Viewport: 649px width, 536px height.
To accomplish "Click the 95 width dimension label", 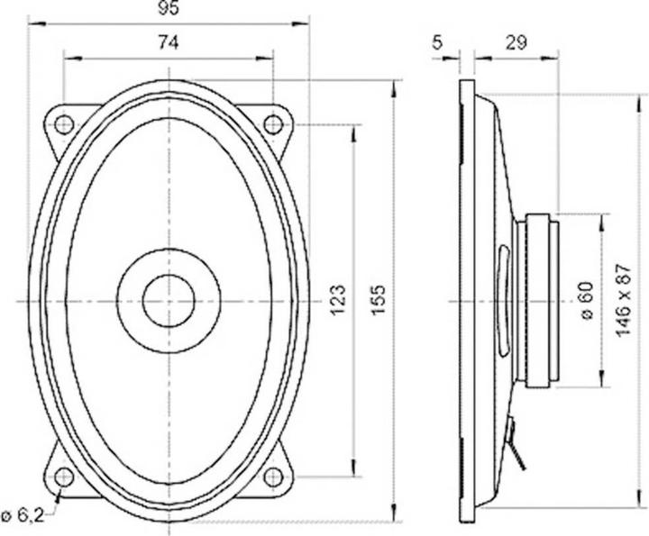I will click(169, 10).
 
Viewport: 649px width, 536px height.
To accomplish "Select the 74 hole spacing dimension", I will click(169, 41).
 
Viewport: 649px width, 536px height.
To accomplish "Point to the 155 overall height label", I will click(379, 297).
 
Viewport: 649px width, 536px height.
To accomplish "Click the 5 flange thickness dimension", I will click(438, 41).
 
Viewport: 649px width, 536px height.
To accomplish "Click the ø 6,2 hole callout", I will click(22, 514).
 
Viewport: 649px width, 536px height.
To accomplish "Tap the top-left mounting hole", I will click(64, 123).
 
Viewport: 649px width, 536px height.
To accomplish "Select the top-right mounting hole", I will click(273, 123).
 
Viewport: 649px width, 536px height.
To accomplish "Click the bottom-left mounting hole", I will click(64, 476).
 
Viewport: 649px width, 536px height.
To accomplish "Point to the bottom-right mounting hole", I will click(273, 476).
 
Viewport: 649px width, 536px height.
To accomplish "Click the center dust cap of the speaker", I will click(169, 300).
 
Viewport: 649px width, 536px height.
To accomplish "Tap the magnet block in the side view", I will click(542, 300).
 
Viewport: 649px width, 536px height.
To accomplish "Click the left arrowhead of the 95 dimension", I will click(33, 24).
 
